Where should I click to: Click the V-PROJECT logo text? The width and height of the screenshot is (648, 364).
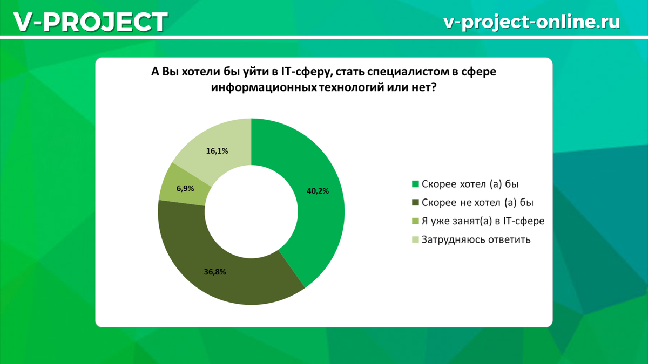(91, 22)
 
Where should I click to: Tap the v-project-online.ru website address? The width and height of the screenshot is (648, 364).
(532, 22)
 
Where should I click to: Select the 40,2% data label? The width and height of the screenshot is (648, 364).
(318, 191)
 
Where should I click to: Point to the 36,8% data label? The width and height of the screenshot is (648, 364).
(215, 272)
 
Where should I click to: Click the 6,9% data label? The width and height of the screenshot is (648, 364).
(185, 189)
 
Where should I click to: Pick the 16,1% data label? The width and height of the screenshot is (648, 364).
(217, 151)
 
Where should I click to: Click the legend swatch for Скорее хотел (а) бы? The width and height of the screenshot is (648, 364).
(415, 184)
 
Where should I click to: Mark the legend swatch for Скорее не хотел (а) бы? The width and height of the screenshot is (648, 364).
(415, 203)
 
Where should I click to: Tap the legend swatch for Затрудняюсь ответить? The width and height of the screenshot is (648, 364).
(415, 239)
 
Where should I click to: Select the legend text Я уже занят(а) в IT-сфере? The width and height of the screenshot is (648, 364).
(483, 221)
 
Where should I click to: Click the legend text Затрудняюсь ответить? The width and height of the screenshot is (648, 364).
(476, 240)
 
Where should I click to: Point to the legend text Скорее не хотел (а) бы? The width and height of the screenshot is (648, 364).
(477, 203)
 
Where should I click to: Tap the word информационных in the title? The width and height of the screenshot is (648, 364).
(264, 87)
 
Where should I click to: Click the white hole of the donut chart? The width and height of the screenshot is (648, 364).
(252, 212)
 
